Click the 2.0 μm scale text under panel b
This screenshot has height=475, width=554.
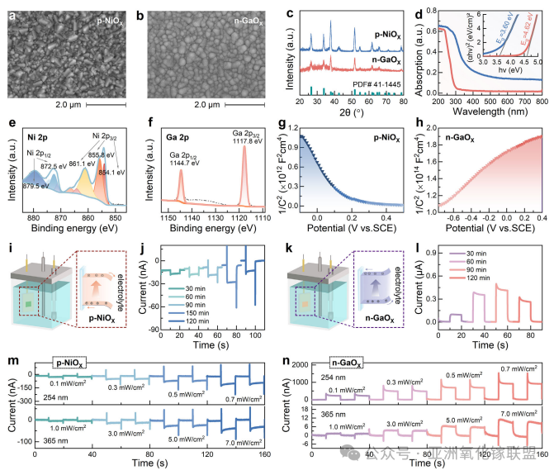200,104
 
